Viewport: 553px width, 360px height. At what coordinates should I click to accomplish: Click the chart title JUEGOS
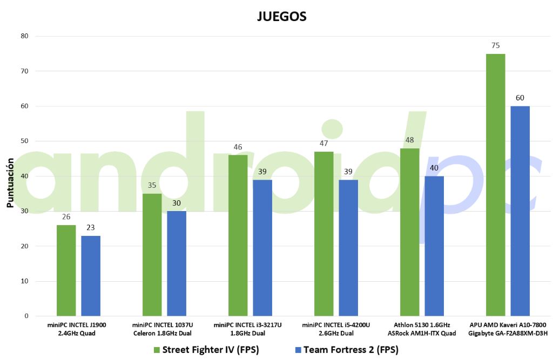281,17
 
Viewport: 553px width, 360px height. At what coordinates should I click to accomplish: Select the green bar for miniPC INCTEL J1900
66,270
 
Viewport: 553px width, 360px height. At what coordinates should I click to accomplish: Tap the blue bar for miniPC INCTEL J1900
91,275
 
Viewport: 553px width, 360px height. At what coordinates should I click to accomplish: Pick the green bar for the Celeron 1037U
152,254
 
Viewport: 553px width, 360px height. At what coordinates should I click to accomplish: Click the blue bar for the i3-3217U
262,248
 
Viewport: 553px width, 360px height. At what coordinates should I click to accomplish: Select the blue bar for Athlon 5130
434,246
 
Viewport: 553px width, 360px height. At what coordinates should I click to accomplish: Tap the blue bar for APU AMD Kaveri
520,210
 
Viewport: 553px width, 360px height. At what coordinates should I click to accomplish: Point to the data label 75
495,46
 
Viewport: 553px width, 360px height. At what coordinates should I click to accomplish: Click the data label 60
520,98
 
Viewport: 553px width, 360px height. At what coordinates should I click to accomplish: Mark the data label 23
91,228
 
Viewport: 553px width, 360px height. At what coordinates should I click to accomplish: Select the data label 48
409,140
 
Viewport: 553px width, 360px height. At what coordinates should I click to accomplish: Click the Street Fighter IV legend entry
206,350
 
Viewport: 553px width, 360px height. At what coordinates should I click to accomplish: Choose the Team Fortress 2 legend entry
346,350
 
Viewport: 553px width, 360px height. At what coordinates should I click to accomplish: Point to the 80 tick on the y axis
24,36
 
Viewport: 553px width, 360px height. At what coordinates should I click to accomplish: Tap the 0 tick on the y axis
26,316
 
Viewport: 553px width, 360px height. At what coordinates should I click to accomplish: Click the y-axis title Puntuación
10,184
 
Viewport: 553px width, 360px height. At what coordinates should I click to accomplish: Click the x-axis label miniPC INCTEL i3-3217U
247,329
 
